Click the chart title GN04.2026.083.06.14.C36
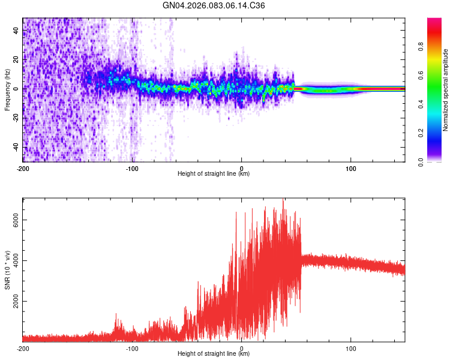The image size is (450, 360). (214, 5)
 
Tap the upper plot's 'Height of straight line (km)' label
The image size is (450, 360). (214, 174)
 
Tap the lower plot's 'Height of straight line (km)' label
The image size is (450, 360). (214, 354)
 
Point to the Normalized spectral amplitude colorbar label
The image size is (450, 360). (445, 90)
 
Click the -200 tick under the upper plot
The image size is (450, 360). (23, 167)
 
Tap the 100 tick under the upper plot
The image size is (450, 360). (351, 167)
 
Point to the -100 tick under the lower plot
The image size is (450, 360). (132, 347)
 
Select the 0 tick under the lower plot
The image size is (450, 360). (242, 347)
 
